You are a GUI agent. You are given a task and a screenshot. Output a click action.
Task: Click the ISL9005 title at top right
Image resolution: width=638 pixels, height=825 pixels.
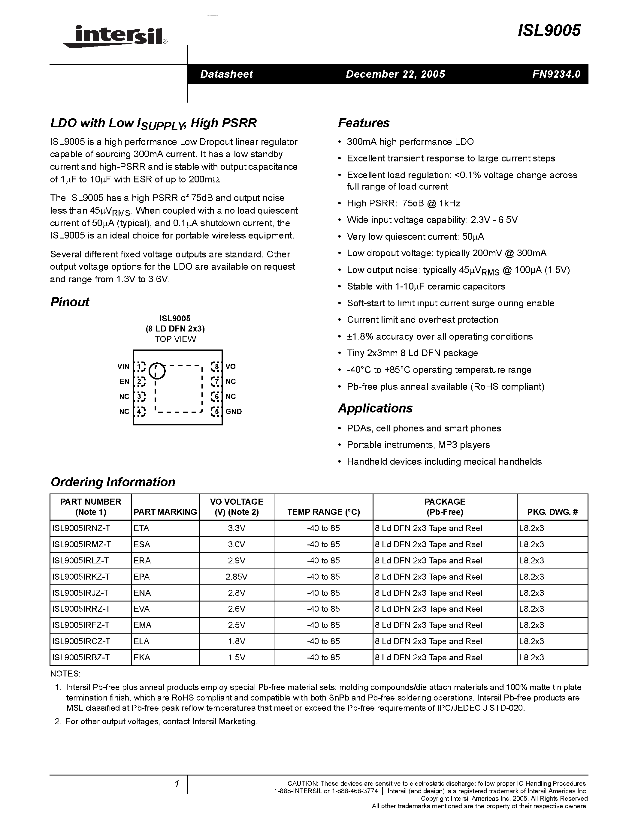coord(549,31)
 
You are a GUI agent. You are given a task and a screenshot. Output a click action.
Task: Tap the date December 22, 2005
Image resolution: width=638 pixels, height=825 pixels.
coord(395,74)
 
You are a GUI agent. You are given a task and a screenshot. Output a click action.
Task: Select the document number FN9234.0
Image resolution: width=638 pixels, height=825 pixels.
coord(556,74)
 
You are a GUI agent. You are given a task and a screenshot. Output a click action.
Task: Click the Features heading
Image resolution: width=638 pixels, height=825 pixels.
coord(364,123)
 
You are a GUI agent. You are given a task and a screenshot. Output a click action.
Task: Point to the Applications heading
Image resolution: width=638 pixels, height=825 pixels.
coord(375,408)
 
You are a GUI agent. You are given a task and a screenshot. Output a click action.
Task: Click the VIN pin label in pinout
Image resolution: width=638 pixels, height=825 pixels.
coord(123,366)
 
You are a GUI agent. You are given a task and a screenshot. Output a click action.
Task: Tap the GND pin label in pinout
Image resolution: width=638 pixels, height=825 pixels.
coord(234,411)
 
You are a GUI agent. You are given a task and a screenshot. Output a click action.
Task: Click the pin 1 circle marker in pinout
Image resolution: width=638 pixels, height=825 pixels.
coord(157,370)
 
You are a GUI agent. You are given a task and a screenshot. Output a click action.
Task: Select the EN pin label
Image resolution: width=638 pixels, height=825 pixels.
coord(124,382)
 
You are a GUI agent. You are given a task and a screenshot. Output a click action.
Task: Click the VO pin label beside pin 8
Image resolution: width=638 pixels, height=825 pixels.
coord(231,366)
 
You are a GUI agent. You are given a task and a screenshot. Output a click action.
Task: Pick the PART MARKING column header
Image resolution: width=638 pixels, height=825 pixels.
coord(165,512)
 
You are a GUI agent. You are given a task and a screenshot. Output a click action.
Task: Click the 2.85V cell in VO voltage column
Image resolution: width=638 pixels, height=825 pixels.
coord(237,577)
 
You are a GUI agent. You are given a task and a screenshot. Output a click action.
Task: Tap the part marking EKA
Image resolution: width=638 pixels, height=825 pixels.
coord(142,657)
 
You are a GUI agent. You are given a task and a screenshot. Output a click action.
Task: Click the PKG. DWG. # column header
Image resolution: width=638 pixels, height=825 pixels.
coord(552,512)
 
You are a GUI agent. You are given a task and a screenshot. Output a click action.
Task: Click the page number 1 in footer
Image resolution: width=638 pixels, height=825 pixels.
coord(177,784)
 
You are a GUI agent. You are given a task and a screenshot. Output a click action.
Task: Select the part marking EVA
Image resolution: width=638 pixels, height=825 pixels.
coord(142,609)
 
